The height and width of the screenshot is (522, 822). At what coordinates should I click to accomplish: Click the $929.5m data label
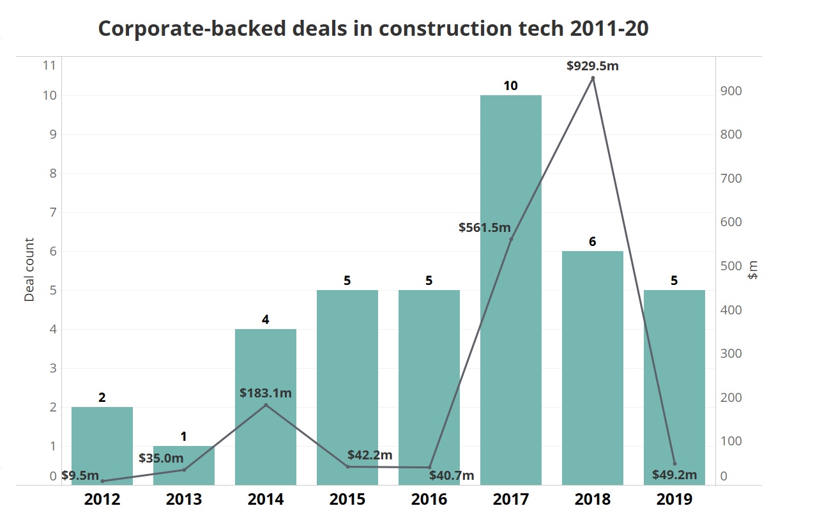tap(592, 65)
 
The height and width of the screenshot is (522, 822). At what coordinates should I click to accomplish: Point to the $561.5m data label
tap(485, 227)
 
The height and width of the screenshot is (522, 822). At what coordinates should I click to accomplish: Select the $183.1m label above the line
tap(265, 393)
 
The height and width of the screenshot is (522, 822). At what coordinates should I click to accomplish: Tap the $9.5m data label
tap(80, 475)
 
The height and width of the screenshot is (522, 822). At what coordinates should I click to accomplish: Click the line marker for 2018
tap(593, 78)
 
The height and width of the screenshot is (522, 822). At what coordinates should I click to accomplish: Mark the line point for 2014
tap(266, 405)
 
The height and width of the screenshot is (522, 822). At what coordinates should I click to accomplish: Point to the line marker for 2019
tap(674, 463)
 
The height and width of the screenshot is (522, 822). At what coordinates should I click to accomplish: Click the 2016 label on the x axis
tap(429, 499)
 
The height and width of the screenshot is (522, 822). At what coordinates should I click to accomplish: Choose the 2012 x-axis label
tap(102, 499)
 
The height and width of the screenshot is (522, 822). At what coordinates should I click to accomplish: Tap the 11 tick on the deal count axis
tap(49, 65)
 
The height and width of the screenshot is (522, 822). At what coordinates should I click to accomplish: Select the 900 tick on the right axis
tap(731, 91)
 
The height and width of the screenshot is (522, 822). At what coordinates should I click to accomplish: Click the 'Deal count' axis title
tap(29, 270)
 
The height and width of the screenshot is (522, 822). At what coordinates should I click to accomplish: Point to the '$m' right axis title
tap(754, 270)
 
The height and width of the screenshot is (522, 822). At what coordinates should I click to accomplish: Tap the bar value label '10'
tap(510, 86)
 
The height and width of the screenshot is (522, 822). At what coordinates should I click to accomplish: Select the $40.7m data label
tap(452, 475)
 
